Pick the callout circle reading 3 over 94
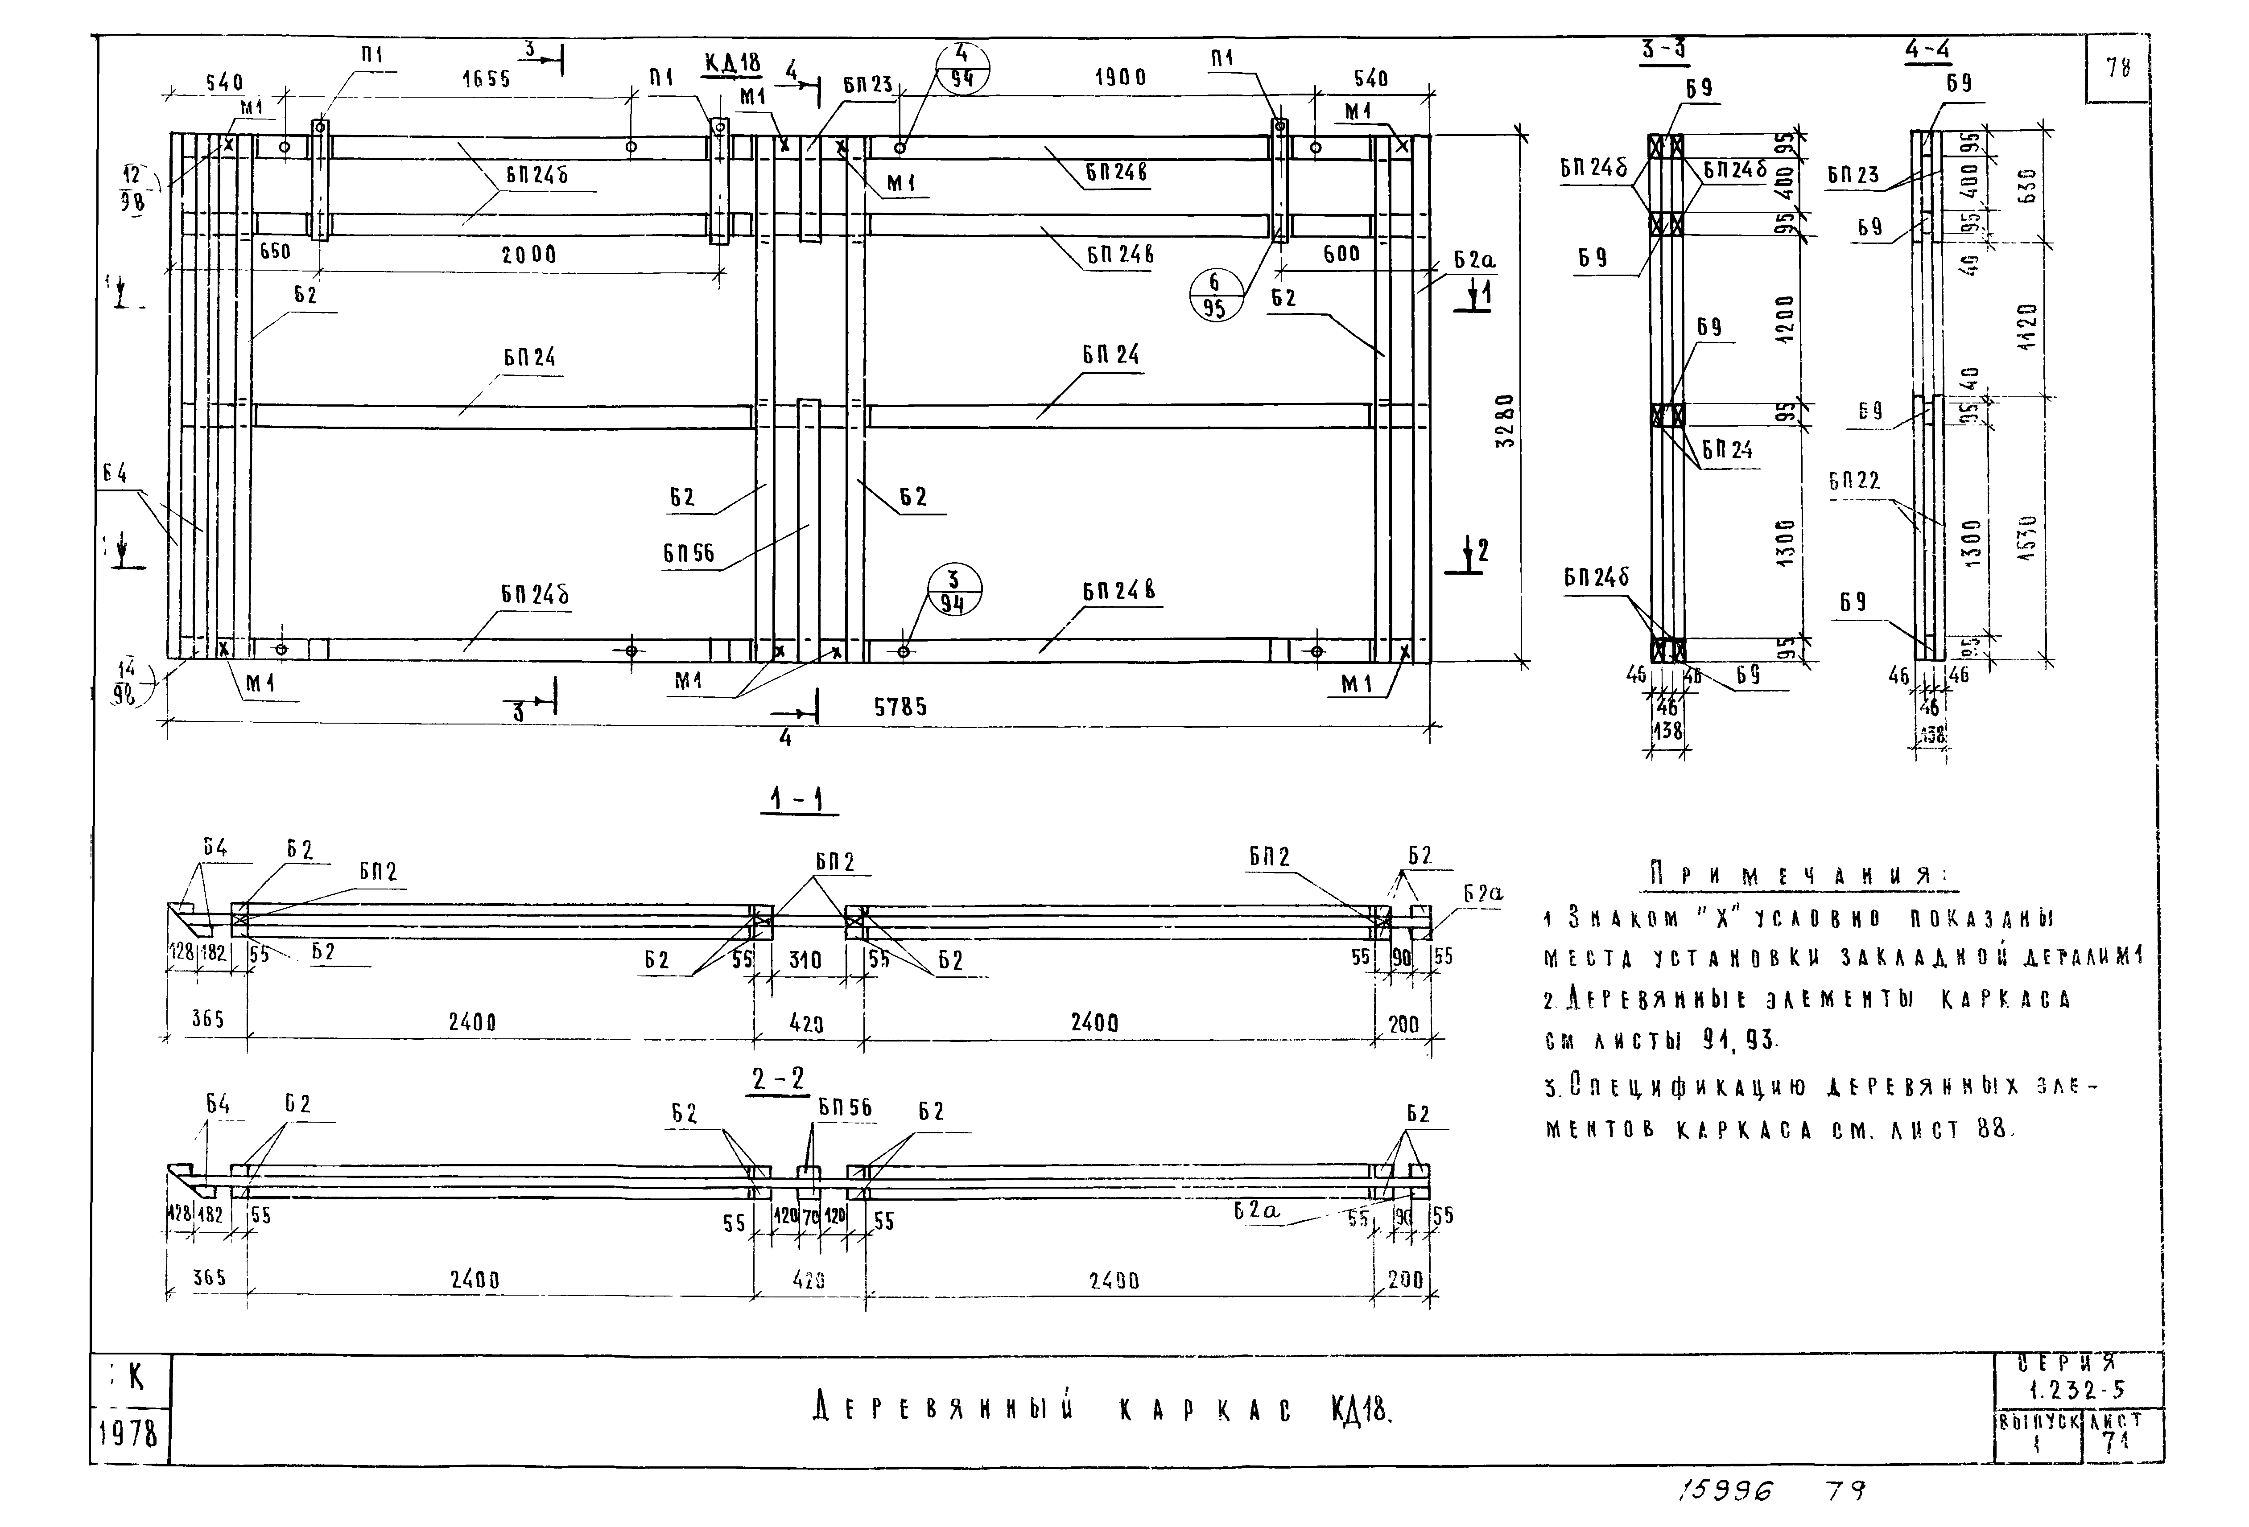[954, 591]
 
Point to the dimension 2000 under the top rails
[529, 255]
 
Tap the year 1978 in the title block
[129, 1433]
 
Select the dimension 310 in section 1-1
[804, 960]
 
